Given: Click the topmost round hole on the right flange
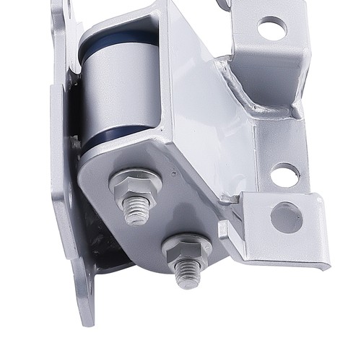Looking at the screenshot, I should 271,28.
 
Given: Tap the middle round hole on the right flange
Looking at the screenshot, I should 284,174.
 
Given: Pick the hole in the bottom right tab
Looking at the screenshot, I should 287,217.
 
